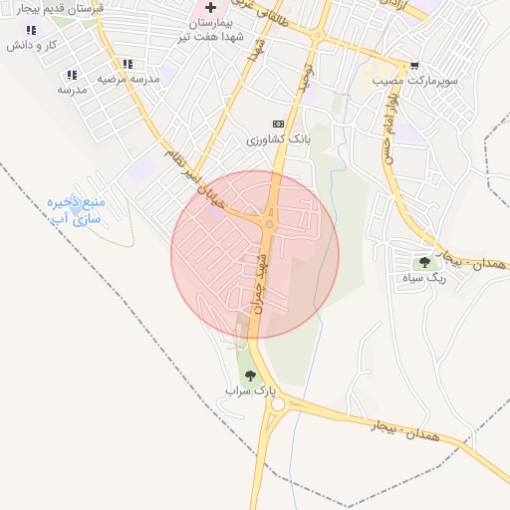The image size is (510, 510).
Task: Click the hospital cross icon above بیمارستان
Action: (x=210, y=8)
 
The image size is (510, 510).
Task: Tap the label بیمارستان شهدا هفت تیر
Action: (x=210, y=29)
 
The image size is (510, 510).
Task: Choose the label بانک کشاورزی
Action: (x=280, y=140)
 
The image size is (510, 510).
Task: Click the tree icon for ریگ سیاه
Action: (x=425, y=262)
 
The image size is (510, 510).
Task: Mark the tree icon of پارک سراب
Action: (x=249, y=376)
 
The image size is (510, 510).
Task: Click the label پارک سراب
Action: (x=249, y=391)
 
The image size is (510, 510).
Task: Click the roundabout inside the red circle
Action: (x=269, y=223)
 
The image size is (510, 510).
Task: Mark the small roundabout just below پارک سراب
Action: (x=277, y=404)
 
